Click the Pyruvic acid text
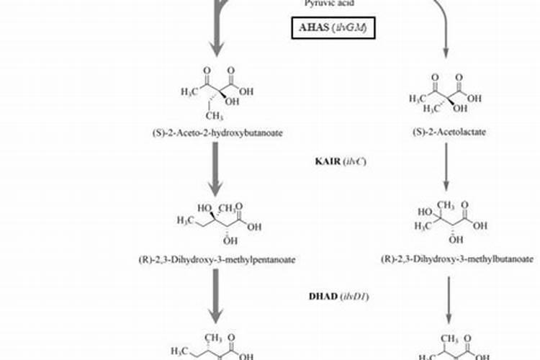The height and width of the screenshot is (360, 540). point(326,4)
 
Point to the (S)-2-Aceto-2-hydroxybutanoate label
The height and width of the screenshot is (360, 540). point(215,132)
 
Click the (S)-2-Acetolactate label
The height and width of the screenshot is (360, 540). point(446,132)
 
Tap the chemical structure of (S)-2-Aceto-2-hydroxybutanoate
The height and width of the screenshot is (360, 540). point(215,90)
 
